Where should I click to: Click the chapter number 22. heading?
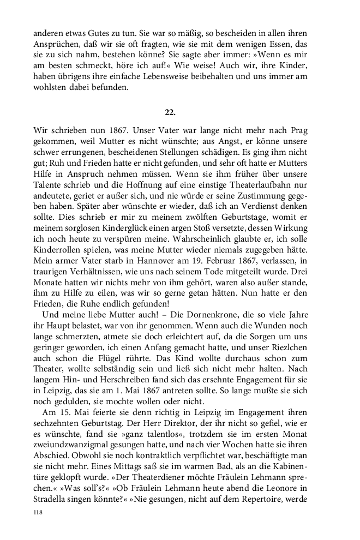pos(170,112)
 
